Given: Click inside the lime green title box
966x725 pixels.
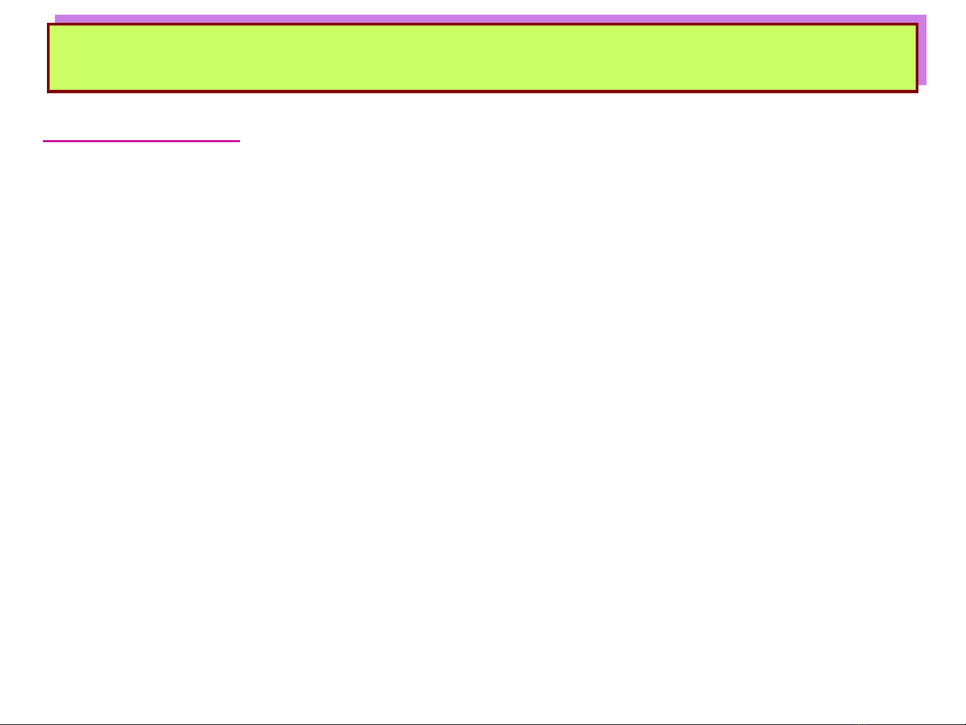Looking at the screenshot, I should pyautogui.click(x=483, y=58).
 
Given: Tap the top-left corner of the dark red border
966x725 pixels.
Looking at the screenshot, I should pyautogui.click(x=48, y=25).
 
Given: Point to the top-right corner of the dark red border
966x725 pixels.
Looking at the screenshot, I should pyautogui.click(x=916, y=25).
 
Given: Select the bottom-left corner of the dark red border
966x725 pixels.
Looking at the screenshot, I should pyautogui.click(x=48, y=91).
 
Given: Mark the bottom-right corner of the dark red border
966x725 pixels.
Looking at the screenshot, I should pyautogui.click(x=916, y=91).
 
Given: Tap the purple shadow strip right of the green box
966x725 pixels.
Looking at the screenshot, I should pyautogui.click(x=922, y=54).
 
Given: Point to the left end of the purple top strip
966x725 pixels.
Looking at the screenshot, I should pyautogui.click(x=56, y=19).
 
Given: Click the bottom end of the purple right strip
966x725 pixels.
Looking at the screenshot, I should pyautogui.click(x=922, y=84).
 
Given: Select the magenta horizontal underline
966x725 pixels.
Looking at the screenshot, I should pyautogui.click(x=141, y=141).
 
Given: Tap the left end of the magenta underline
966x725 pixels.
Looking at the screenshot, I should pyautogui.click(x=44, y=141).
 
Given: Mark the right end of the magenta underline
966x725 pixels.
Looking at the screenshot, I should pyautogui.click(x=239, y=141).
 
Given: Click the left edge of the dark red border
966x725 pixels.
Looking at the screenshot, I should pyautogui.click(x=48, y=58).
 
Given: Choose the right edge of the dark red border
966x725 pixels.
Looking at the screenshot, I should pyautogui.click(x=916, y=58).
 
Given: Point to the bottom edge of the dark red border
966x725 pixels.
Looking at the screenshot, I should pyautogui.click(x=483, y=91).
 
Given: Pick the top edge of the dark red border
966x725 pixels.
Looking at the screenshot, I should pyautogui.click(x=483, y=25).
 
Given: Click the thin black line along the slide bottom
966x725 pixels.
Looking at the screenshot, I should pyautogui.click(x=483, y=724).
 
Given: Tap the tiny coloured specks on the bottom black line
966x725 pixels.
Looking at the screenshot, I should pyautogui.click(x=862, y=724).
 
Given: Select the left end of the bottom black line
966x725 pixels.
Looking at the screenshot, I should pyautogui.click(x=1, y=724).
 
